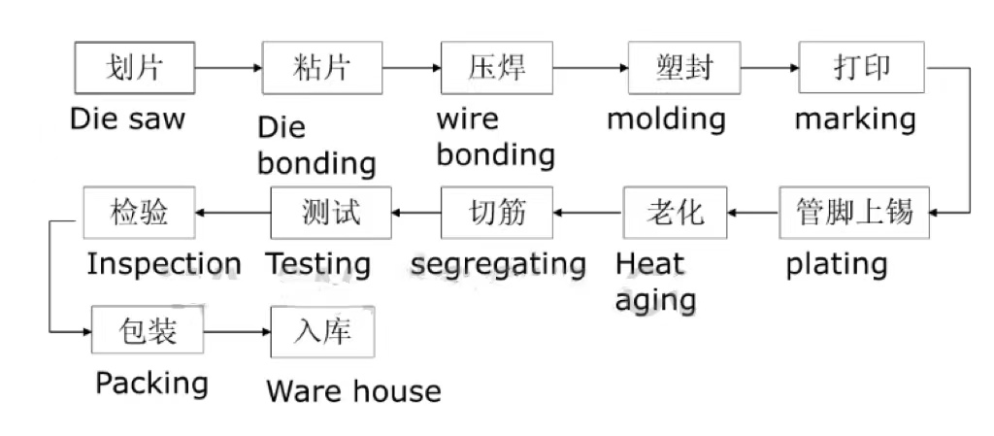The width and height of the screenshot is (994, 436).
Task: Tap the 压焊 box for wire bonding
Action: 497,68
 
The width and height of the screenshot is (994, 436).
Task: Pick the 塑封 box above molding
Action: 683,68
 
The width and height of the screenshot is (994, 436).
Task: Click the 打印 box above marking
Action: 861,68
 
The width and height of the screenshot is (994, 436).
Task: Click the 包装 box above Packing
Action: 148,331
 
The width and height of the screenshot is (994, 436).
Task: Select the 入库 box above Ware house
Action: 321,331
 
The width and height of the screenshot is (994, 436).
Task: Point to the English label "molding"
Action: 666,119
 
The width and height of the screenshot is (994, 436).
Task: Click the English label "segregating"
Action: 498,264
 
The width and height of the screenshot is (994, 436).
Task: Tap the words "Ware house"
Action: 353,391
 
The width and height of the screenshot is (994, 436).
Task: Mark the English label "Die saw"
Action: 127,119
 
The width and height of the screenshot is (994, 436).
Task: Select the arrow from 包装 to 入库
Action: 237,331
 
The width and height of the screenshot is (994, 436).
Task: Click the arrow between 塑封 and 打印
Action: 769,68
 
